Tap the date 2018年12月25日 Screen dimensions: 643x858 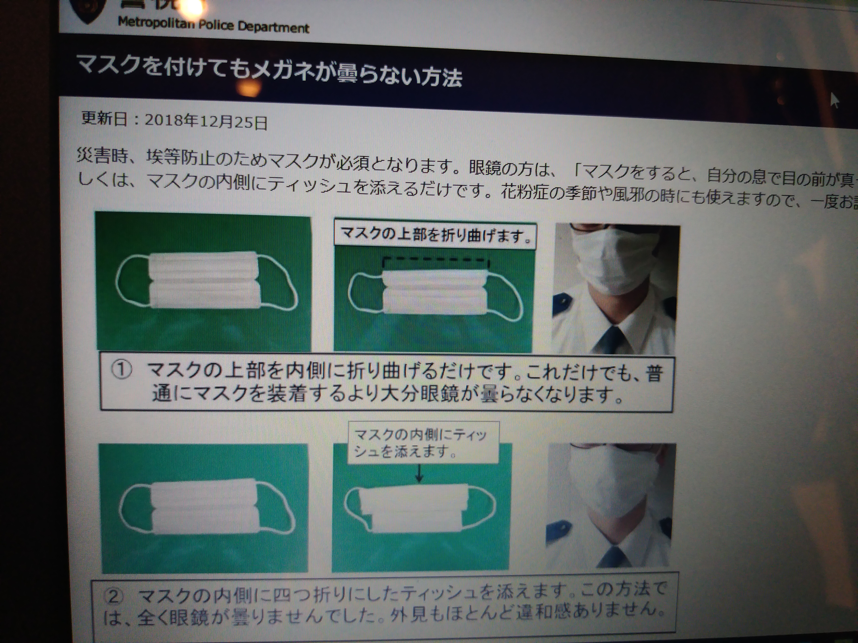tap(206, 122)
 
